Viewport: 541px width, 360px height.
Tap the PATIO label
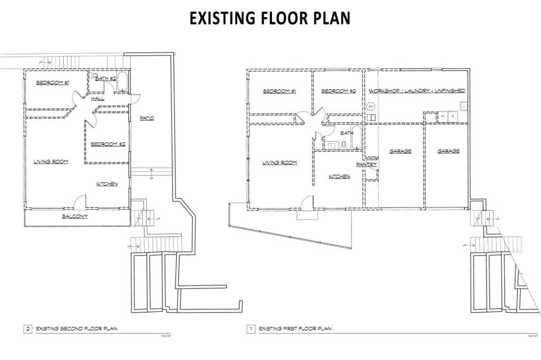[146, 118]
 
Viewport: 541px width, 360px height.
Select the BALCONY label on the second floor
[75, 216]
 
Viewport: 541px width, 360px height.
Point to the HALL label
[97, 99]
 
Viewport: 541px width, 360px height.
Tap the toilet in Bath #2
[94, 76]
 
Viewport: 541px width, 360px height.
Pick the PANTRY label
[366, 165]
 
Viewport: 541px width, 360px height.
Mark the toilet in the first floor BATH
[343, 144]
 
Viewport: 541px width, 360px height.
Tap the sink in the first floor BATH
[332, 145]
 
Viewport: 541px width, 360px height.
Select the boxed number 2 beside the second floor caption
[27, 329]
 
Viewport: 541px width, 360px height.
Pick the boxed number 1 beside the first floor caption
[250, 329]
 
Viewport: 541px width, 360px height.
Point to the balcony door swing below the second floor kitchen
[80, 201]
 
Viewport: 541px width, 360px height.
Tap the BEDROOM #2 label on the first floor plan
[338, 91]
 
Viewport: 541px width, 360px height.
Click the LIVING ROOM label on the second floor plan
[51, 162]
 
